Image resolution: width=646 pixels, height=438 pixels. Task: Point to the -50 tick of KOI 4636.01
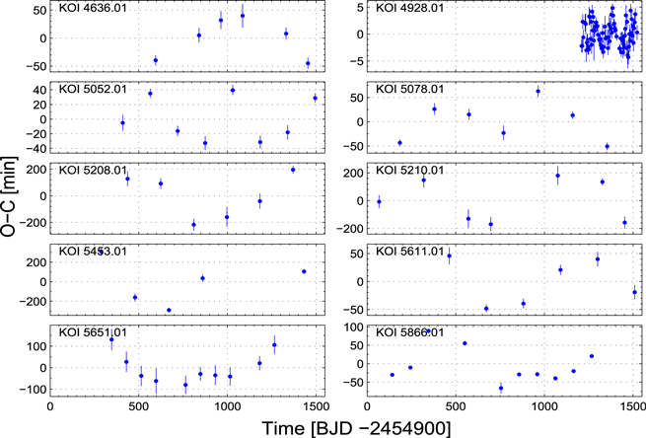click(35, 66)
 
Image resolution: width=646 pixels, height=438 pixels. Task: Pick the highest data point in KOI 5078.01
click(538, 92)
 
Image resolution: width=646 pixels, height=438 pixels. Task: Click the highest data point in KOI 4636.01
click(243, 16)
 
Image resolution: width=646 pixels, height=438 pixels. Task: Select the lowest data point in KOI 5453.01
click(169, 310)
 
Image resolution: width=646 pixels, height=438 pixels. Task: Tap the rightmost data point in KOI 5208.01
click(293, 170)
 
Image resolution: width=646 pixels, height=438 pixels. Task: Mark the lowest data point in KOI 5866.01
click(501, 388)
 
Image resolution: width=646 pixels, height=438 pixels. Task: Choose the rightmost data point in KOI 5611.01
click(634, 292)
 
